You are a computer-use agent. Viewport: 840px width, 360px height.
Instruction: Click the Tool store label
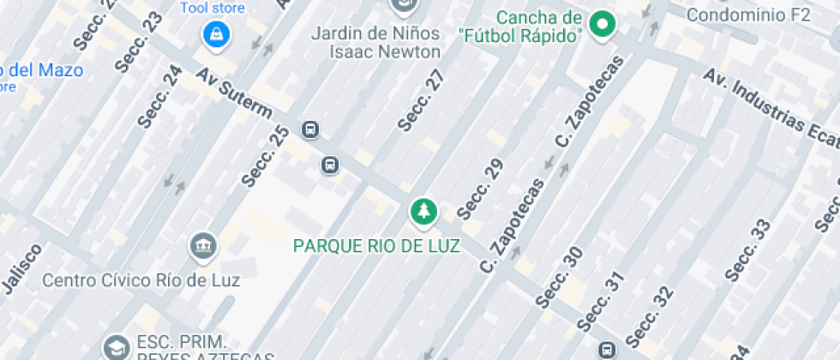(213, 9)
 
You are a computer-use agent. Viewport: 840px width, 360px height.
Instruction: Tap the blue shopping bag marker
(213, 35)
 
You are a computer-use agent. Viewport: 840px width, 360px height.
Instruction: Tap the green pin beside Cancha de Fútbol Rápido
(603, 25)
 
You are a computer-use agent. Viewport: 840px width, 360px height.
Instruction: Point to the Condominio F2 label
(748, 15)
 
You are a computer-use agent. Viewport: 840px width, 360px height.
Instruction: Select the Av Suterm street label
(233, 95)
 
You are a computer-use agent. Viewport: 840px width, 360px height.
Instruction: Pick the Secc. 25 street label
(266, 156)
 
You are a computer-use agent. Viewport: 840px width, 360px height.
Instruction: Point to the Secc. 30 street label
(559, 277)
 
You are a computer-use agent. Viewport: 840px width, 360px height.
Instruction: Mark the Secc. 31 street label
(598, 302)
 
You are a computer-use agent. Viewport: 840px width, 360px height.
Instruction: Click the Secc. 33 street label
(747, 250)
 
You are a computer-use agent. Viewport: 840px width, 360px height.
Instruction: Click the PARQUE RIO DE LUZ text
(376, 246)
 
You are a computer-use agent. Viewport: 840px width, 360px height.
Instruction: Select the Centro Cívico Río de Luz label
(141, 279)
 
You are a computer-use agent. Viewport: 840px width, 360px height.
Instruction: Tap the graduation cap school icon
(114, 347)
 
